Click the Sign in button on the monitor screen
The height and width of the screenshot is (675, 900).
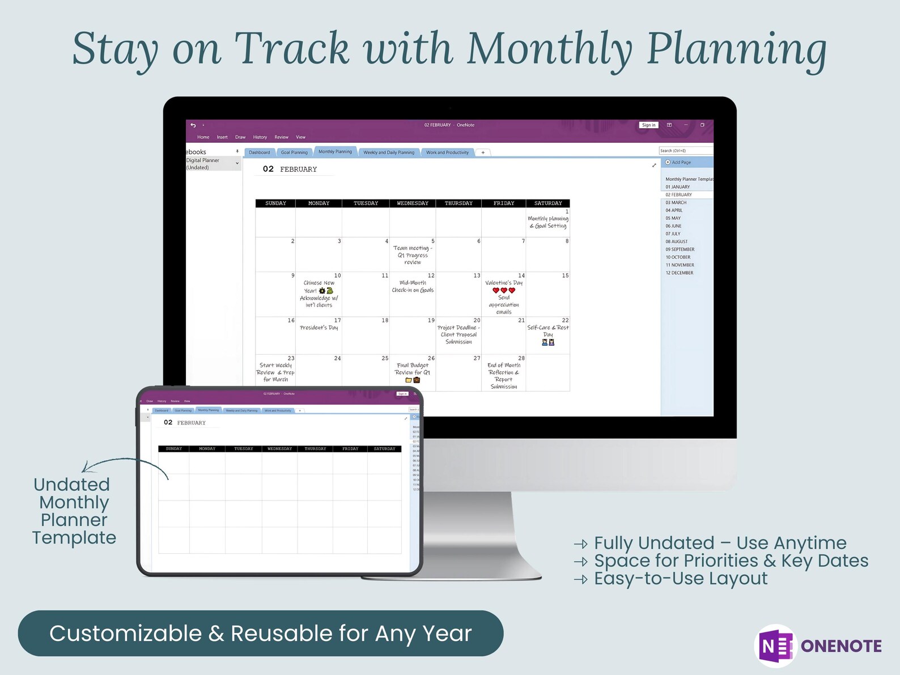tap(648, 125)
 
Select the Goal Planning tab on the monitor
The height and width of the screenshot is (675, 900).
tap(294, 152)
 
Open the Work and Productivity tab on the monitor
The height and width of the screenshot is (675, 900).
tap(447, 152)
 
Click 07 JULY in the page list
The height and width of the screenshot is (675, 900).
tap(673, 234)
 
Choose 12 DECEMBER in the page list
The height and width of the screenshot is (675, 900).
tap(680, 273)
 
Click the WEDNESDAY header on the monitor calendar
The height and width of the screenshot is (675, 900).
tap(413, 203)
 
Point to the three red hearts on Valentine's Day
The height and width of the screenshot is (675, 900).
tap(504, 290)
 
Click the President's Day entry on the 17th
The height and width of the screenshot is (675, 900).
tap(319, 328)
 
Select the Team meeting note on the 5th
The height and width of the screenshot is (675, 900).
tap(413, 255)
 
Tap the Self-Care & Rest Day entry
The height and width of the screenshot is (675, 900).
tap(548, 331)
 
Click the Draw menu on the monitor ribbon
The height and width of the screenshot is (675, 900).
tap(240, 137)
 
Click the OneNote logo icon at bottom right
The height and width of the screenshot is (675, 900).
tap(776, 646)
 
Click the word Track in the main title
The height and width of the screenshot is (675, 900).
tap(292, 49)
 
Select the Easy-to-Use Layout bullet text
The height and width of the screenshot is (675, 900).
tap(680, 579)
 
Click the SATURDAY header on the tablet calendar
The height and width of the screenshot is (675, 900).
tap(384, 449)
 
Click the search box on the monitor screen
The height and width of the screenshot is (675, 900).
tap(685, 151)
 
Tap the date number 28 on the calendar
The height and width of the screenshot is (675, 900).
tap(521, 358)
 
